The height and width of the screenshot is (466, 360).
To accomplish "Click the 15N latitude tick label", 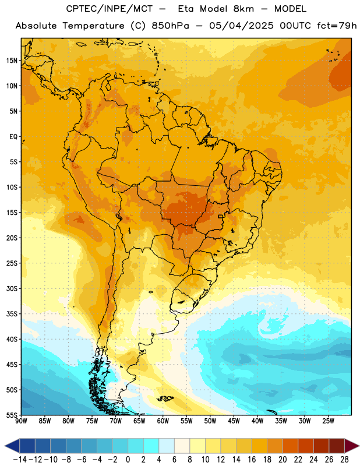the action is point(12,61).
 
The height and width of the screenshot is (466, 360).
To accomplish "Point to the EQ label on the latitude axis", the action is point(13,137).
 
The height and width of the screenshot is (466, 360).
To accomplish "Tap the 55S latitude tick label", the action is point(12,415).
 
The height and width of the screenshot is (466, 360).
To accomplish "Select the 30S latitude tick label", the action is point(12,288).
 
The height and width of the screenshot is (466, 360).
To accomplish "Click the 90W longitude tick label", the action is point(22,421).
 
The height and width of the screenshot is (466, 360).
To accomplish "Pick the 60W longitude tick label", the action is point(163,421).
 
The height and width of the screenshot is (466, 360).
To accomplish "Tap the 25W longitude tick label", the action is point(328,421).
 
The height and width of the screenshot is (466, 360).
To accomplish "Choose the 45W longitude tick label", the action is point(234,421).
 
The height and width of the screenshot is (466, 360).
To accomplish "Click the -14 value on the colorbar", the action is point(20,460).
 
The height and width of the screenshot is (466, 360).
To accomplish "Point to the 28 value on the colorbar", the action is point(344,460).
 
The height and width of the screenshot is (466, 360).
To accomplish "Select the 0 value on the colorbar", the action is point(128,460).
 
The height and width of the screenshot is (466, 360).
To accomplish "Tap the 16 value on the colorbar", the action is point(252,460).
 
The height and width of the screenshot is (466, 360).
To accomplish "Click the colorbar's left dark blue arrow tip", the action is point(5,446).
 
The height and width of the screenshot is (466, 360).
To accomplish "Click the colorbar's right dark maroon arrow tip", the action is point(359,446).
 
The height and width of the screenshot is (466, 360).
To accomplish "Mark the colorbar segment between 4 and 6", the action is point(167,446).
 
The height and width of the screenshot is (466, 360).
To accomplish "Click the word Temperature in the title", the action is point(93,26).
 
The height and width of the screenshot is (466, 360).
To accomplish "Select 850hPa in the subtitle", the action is point(170,26).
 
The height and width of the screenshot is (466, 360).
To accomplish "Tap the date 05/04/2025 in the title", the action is point(241,26).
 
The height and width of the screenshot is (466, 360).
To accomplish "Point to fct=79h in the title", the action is point(337,26).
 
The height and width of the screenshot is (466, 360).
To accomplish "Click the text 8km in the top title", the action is point(243,9).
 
